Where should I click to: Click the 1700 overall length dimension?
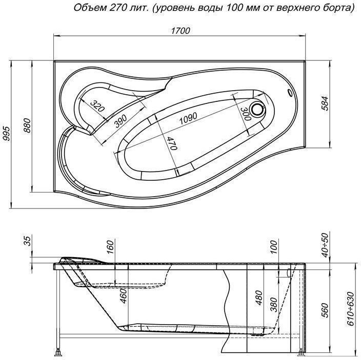pyautogui.click(x=180, y=30)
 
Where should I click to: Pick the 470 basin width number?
pyautogui.click(x=172, y=142)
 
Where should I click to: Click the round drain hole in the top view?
pyautogui.click(x=257, y=110)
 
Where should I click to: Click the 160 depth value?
pyautogui.click(x=109, y=247)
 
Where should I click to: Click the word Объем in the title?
pyautogui.click(x=90, y=9)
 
